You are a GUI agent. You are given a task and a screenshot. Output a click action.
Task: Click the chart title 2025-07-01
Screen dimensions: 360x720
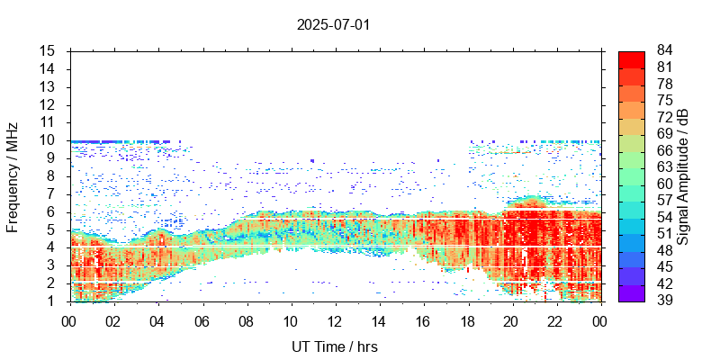coord(333,24)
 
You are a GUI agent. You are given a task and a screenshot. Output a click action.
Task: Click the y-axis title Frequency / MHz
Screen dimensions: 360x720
coord(13,176)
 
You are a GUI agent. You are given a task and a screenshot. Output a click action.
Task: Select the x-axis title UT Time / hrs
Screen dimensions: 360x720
coord(334,346)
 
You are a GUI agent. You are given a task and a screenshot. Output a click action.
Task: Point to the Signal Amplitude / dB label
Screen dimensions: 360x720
coord(683,176)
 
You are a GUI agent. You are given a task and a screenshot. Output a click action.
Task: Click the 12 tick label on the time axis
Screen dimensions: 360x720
coord(334,320)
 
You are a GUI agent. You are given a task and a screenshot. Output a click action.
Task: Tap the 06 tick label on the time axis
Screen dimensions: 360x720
coord(202,320)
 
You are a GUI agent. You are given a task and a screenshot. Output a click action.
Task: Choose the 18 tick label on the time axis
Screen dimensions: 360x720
coord(466,320)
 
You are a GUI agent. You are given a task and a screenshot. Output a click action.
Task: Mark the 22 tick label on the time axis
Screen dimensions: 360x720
coord(554,320)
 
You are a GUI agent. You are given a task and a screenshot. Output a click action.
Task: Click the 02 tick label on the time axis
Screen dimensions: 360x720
coord(113,320)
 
